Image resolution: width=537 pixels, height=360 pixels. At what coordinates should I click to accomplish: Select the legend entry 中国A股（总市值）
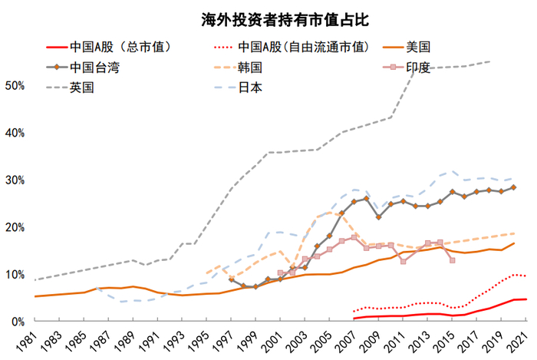click(x=119, y=47)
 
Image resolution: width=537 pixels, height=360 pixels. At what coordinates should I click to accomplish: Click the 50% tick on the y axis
click(x=16, y=85)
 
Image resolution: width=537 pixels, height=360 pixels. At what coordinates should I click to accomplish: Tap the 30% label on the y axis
click(x=16, y=180)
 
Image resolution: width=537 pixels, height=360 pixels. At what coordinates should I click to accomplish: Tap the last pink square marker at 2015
click(x=453, y=260)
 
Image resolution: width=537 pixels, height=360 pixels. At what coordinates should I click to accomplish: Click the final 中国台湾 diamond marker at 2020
click(x=513, y=187)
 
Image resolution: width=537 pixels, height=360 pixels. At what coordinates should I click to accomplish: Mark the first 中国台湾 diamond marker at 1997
click(x=231, y=279)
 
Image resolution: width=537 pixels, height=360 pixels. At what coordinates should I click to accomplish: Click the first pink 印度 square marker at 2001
click(x=280, y=273)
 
